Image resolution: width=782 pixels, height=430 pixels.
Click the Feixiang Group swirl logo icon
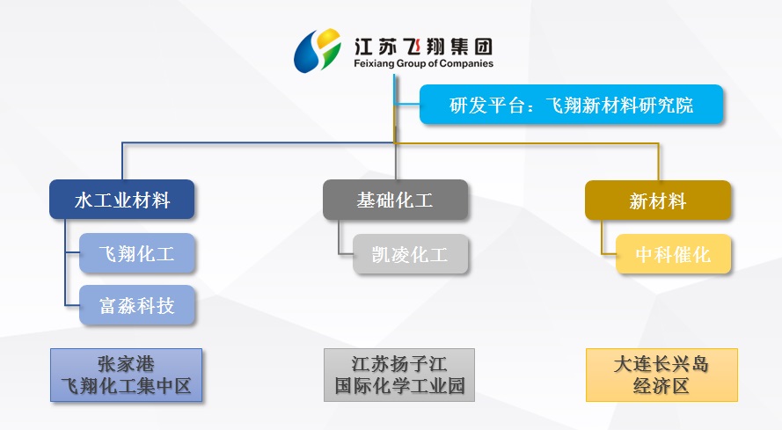pyautogui.click(x=317, y=49)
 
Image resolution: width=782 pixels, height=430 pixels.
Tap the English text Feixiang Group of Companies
pyautogui.click(x=422, y=63)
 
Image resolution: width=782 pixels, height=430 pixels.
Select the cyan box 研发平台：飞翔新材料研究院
pyautogui.click(x=571, y=105)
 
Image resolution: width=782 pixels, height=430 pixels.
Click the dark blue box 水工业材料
pyautogui.click(x=121, y=200)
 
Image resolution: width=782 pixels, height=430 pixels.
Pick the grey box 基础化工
pyautogui.click(x=394, y=200)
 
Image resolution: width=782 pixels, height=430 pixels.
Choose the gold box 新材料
pyautogui.click(x=657, y=200)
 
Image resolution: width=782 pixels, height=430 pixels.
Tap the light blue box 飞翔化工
pyautogui.click(x=137, y=254)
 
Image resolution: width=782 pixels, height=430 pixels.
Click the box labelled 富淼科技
pyautogui.click(x=137, y=305)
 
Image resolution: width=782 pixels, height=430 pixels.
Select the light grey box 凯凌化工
pyautogui.click(x=411, y=254)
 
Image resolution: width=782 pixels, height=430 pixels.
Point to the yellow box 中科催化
pyautogui.click(x=672, y=254)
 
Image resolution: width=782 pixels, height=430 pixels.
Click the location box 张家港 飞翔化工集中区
pyautogui.click(x=126, y=375)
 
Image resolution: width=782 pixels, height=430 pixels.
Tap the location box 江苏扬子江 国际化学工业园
pyautogui.click(x=399, y=375)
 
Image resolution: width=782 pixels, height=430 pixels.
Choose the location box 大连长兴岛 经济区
pyautogui.click(x=661, y=375)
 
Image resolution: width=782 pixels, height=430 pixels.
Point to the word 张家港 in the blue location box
pyautogui.click(x=126, y=363)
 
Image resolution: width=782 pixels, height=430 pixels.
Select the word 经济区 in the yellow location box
pyautogui.click(x=661, y=386)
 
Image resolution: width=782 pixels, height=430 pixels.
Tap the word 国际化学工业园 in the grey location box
pyautogui.click(x=399, y=386)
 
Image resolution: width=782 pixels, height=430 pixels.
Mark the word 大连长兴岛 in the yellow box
pyautogui.click(x=661, y=363)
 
